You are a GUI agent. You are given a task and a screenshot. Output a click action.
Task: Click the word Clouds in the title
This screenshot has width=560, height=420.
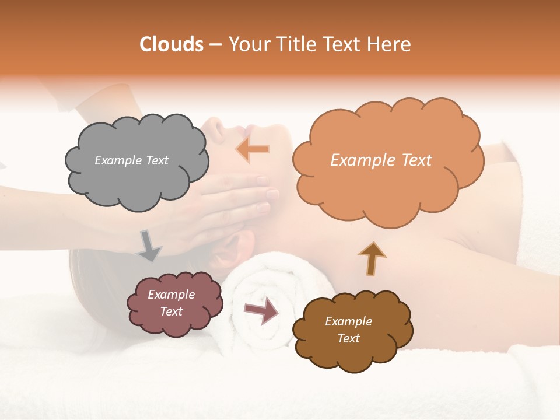point(171,44)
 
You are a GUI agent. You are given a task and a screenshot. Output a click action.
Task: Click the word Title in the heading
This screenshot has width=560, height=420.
point(295,44)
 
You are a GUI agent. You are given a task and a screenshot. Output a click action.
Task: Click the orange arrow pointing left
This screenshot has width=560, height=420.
point(253,149)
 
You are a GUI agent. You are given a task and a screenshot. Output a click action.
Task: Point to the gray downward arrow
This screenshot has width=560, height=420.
point(149,245)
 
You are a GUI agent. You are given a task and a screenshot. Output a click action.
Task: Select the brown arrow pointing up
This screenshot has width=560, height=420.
point(373,258)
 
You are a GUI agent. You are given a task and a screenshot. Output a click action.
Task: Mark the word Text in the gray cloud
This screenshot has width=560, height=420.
point(156,160)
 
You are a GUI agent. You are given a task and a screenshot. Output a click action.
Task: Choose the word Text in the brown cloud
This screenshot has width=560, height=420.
point(349,338)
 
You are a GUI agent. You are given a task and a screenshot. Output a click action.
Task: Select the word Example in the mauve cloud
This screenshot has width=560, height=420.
point(171,295)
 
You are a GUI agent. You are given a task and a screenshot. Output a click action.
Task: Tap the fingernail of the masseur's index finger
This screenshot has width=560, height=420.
point(272,193)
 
